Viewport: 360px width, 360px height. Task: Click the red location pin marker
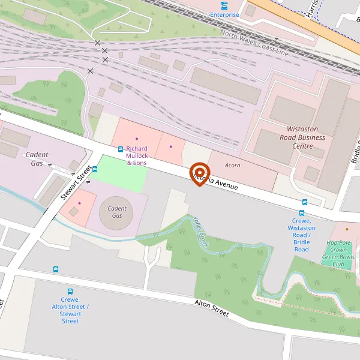pos(199,173)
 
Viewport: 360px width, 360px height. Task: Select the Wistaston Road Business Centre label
pos(306,137)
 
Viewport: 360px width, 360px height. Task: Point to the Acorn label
pos(233,165)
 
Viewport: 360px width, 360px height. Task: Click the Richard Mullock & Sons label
pos(137,155)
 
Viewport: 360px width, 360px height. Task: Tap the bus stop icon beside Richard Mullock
pos(121,149)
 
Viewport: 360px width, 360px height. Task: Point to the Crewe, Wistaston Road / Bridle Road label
pos(301,235)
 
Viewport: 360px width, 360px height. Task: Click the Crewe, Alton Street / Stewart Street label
pos(70,310)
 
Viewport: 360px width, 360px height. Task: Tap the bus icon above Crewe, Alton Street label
pos(70,292)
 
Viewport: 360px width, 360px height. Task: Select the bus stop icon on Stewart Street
pos(95,169)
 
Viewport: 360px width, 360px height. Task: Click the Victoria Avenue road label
pos(218,182)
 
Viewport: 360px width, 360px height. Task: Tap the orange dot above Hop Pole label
pos(347,229)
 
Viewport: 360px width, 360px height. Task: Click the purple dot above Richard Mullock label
pos(136,139)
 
